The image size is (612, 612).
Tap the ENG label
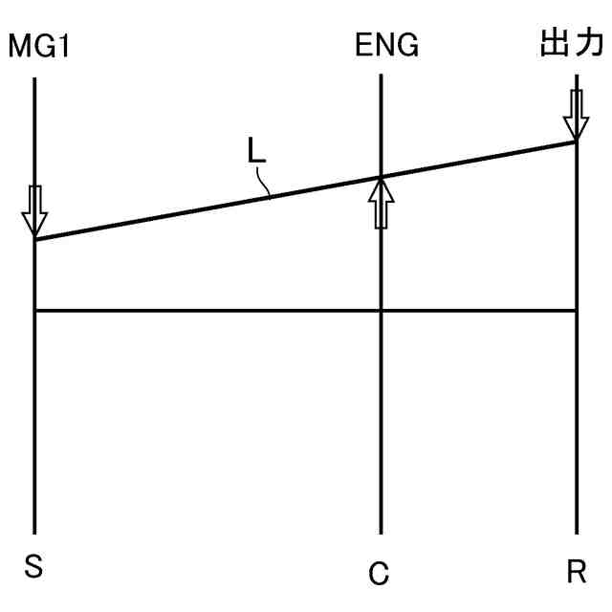point(386,46)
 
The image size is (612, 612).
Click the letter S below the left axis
point(34,567)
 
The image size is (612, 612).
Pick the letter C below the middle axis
point(379,573)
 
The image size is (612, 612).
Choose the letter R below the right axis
point(576,572)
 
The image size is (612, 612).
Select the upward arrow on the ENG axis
point(381,202)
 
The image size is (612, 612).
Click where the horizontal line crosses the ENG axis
point(381,311)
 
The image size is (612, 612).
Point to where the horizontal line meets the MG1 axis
point(34,311)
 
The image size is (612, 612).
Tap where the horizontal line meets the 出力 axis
point(577,311)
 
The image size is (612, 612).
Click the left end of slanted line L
point(34,239)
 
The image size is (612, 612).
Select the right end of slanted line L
point(577,142)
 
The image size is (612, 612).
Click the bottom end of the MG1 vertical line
point(34,533)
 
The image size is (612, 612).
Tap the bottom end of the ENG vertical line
point(381,533)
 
